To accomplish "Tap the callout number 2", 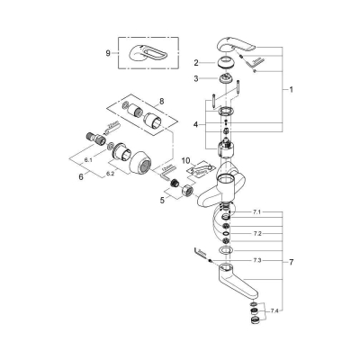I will tap(196, 62).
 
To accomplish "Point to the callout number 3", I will tap(196, 80).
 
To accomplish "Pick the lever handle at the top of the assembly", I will tap(236, 47).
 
